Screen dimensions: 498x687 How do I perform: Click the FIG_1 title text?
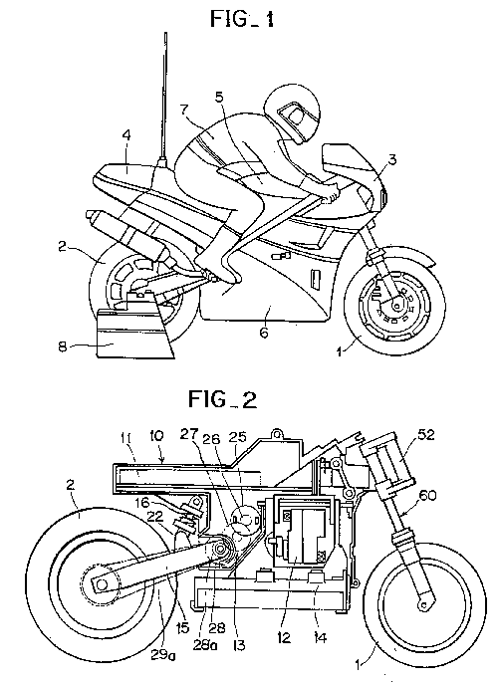click(242, 19)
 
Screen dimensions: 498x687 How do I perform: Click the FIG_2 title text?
click(222, 398)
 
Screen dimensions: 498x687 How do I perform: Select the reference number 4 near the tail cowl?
click(126, 135)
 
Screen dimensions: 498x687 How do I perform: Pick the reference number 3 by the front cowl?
click(391, 159)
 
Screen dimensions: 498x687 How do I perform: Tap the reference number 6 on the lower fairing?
click(264, 333)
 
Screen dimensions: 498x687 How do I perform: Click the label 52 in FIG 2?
click(425, 435)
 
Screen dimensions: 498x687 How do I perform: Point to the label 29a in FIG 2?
click(160, 654)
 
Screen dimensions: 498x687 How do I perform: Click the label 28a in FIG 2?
click(205, 646)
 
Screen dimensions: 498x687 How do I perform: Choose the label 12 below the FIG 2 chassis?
click(284, 637)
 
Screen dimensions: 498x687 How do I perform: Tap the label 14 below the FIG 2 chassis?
click(320, 637)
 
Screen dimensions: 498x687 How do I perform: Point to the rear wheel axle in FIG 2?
click(102, 583)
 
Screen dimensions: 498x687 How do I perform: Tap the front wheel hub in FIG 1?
click(397, 303)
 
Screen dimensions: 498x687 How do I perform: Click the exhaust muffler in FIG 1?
click(128, 236)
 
